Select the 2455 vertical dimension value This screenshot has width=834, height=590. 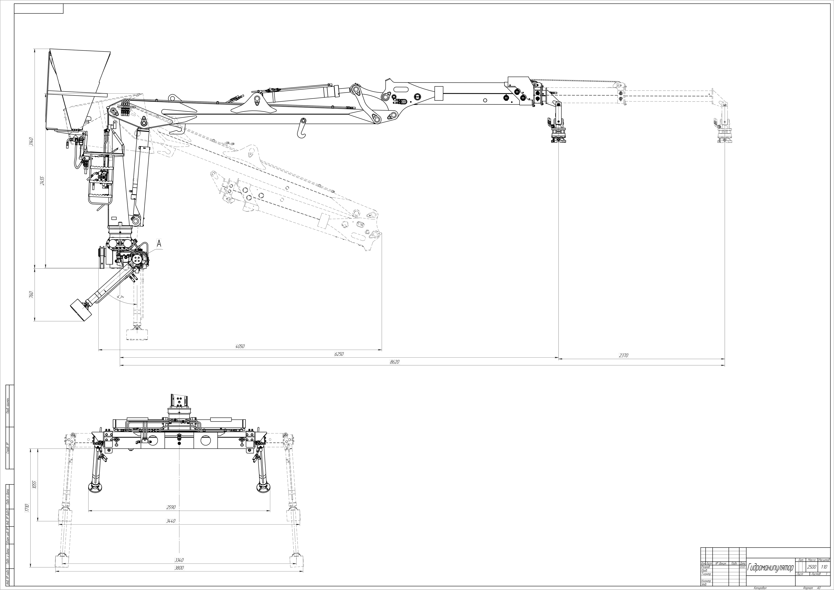click(42, 180)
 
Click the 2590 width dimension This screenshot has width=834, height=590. click(171, 507)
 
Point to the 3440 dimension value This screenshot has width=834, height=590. click(171, 521)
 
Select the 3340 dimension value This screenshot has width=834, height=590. click(179, 560)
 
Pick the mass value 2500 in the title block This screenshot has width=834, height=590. click(811, 567)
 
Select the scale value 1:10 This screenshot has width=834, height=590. click(824, 567)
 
